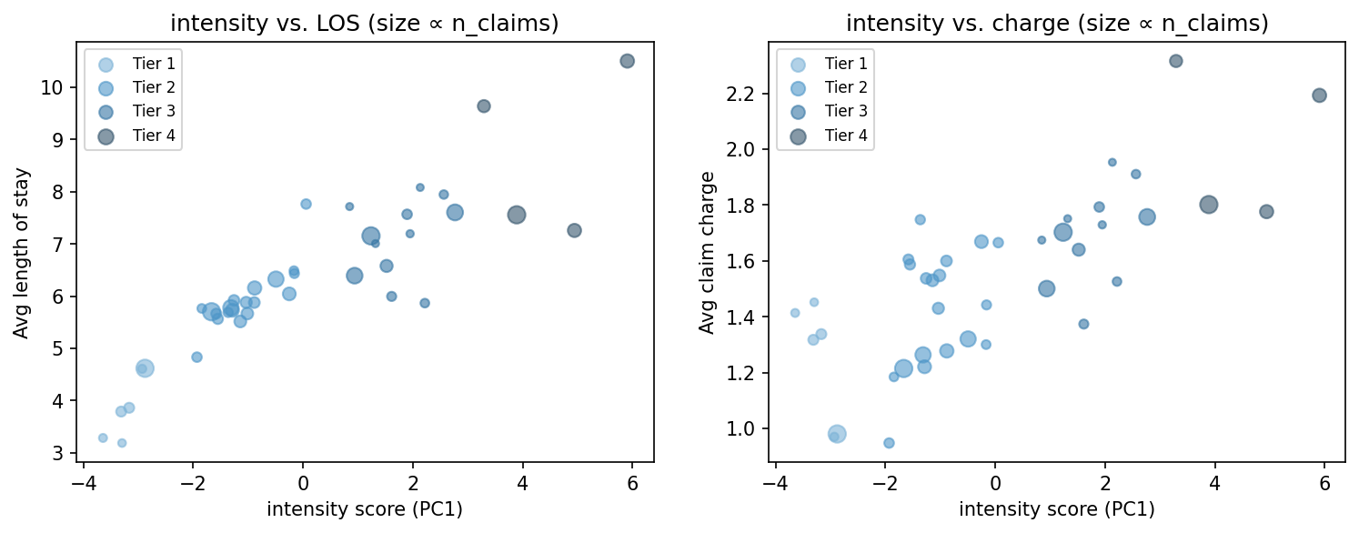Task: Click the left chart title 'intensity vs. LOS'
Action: coord(364,24)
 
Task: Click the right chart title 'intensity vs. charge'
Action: coord(1057,24)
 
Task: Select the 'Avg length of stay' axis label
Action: coord(21,253)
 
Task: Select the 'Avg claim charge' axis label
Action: coord(707,253)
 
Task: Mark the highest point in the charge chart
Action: coord(1175,61)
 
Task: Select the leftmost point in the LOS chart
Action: coord(103,437)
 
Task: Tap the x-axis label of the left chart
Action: coord(364,510)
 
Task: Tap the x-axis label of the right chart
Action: coord(1057,510)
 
